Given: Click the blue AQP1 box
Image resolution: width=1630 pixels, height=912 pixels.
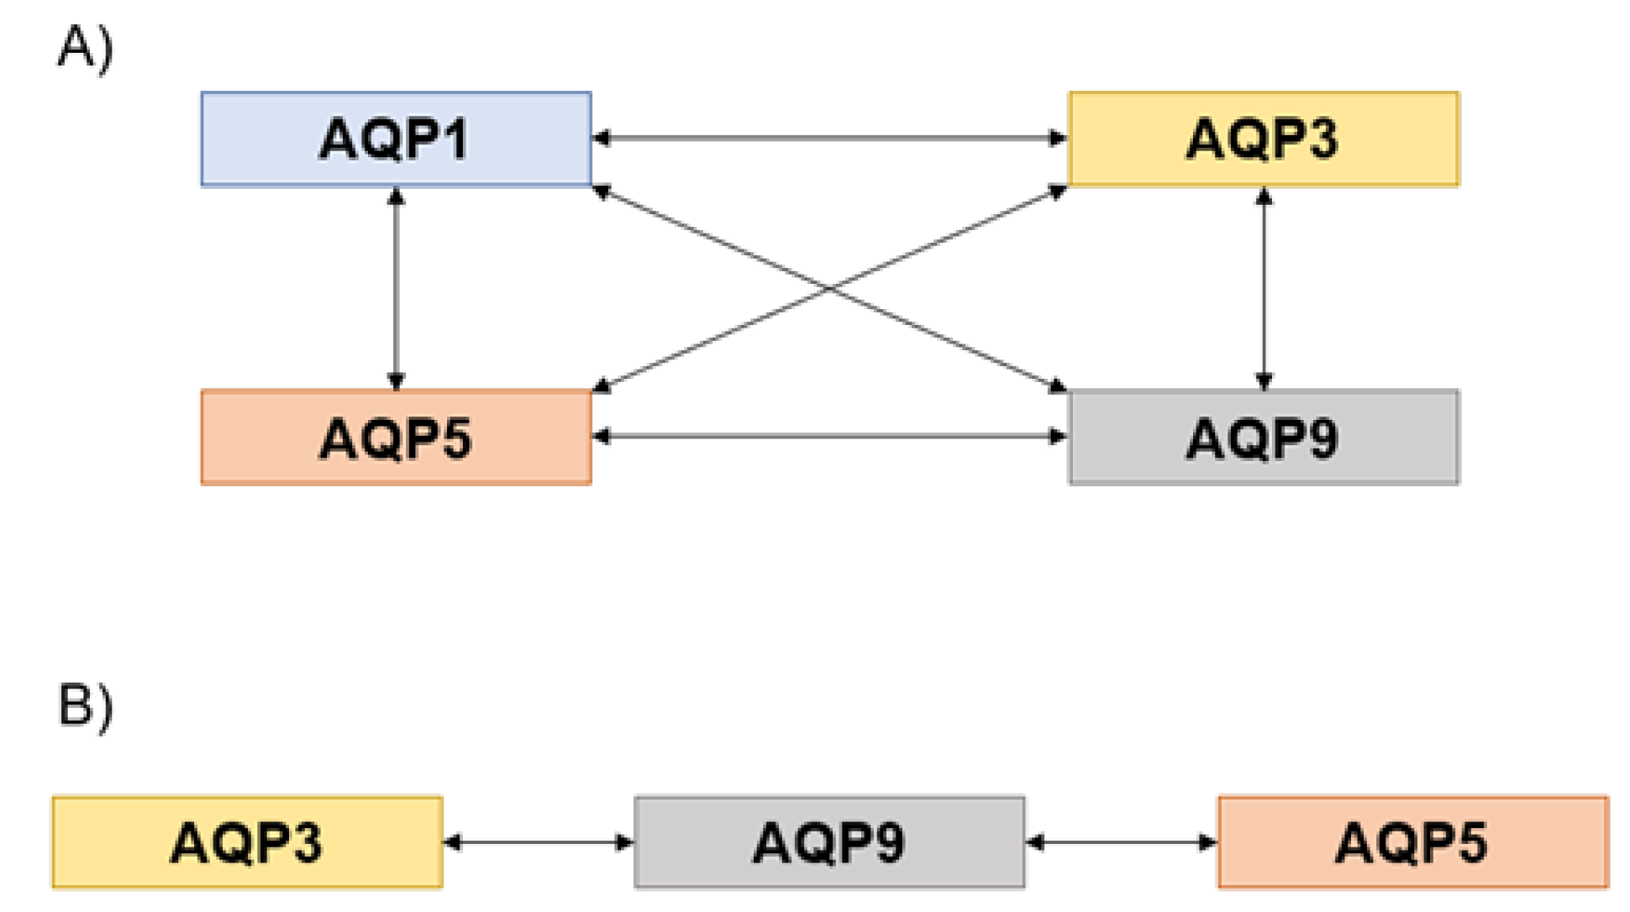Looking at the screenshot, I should (396, 139).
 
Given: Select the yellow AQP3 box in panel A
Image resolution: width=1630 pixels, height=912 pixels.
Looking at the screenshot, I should (1263, 139).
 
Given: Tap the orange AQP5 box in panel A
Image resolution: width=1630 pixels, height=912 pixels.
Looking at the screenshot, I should (396, 438).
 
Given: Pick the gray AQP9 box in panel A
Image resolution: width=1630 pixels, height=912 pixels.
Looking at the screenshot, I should (1263, 438).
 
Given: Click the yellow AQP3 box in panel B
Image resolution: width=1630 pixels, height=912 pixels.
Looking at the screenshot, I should (247, 842).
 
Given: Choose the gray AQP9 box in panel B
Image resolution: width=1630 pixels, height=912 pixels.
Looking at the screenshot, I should (829, 842).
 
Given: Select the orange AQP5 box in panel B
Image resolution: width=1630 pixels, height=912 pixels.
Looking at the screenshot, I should (1412, 842).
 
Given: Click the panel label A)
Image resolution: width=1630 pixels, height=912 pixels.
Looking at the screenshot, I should (84, 48).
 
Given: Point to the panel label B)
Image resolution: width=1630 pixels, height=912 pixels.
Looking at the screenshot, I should (84, 705).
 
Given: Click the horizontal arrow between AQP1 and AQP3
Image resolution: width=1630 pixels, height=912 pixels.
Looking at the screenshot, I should (829, 138).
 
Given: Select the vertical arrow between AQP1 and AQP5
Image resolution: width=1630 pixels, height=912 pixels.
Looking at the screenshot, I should (396, 288).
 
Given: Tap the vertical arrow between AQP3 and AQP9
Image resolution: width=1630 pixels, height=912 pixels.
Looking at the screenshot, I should (1264, 288).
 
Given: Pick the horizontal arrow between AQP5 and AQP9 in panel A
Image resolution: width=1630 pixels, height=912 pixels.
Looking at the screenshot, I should (829, 436).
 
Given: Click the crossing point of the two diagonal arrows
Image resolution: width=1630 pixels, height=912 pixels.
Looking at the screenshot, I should (829, 288).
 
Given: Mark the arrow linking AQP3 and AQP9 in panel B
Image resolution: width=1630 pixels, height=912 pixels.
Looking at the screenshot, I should (539, 841).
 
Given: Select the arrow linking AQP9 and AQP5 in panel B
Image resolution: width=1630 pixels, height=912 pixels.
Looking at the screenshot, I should (1121, 841).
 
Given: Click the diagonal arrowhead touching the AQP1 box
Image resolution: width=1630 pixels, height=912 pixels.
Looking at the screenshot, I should (602, 192).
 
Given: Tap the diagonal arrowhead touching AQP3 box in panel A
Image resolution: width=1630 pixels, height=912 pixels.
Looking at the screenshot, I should (1057, 192).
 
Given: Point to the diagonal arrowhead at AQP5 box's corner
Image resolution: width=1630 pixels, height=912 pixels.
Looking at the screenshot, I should (602, 385).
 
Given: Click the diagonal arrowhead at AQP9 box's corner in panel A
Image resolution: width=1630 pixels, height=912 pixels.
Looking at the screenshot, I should (1057, 385).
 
